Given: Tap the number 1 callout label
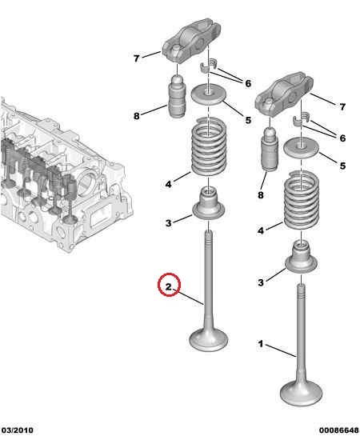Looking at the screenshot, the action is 260,344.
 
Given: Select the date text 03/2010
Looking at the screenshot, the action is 17,430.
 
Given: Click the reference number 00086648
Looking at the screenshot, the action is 339,430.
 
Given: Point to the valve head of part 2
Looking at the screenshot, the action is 208,339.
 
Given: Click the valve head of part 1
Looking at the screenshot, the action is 301,393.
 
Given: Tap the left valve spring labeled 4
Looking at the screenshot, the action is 209,146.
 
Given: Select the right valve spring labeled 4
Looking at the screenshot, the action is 301,200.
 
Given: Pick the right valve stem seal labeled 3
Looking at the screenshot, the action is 302,258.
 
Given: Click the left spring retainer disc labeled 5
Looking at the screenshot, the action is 209,96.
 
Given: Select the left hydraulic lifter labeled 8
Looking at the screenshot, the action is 177,97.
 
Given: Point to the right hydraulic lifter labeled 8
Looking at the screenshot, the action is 269,150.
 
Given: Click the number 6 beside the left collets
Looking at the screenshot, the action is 248,83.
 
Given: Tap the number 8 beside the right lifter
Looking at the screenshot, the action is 261,195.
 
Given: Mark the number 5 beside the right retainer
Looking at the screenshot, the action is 342,166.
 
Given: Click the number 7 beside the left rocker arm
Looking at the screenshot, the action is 136,58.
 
